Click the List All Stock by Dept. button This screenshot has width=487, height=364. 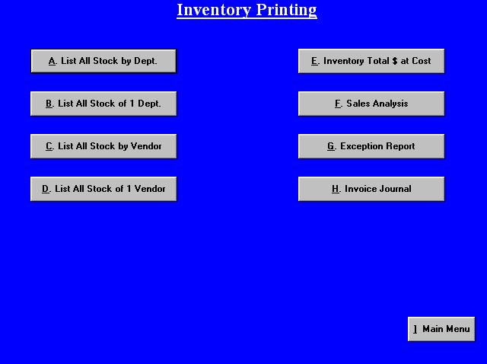[103, 61]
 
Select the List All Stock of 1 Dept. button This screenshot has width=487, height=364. [103, 104]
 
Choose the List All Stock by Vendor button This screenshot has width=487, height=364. [103, 146]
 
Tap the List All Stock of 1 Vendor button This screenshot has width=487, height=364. [103, 189]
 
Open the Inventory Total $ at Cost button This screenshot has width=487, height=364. [371, 61]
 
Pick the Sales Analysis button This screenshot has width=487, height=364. [371, 104]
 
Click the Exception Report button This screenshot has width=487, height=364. [371, 146]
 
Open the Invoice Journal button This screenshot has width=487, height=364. [371, 189]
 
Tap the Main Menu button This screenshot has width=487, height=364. [441, 329]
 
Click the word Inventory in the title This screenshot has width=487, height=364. [214, 10]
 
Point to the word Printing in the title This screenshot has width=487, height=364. [286, 10]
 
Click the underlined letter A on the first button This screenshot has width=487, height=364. [53, 61]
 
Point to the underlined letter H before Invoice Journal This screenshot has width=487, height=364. [336, 189]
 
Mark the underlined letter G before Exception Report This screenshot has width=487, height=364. [331, 146]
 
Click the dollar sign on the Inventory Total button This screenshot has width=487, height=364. [394, 61]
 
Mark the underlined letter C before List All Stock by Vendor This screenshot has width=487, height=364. [49, 146]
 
